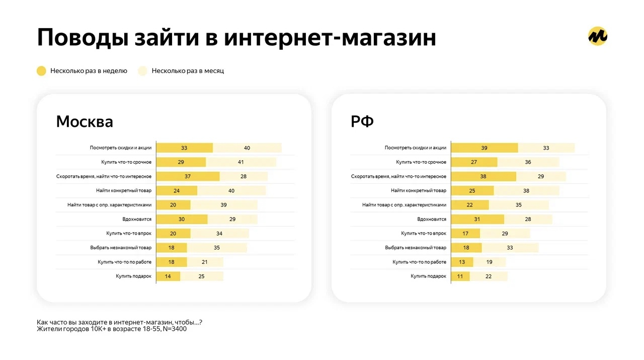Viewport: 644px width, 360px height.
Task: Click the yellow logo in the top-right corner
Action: pos(598,36)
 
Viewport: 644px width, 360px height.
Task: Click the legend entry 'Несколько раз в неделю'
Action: pos(89,71)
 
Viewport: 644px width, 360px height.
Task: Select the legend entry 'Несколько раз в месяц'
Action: pos(188,71)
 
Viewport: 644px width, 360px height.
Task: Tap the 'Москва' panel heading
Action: pos(85,122)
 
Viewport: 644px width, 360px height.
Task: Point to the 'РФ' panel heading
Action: pos(362,122)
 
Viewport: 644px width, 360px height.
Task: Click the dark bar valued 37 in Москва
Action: pos(188,176)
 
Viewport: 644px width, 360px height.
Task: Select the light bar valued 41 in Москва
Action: pos(241,162)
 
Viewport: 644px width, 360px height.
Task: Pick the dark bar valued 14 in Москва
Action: pos(168,276)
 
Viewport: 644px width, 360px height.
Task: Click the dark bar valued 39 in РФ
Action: pos(484,148)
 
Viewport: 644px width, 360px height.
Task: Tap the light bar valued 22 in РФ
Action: pos(488,276)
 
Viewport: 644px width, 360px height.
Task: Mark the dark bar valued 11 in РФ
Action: pos(460,276)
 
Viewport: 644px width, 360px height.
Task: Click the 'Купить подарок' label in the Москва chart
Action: pos(133,276)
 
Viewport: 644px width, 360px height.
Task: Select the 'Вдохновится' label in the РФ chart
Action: pos(432,219)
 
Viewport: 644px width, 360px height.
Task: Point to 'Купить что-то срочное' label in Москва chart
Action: pos(126,162)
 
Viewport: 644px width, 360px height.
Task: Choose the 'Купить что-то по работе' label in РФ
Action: pos(420,262)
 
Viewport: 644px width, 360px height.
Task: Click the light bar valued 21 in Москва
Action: pos(205,262)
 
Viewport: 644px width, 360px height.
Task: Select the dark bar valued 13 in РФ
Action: pos(462,262)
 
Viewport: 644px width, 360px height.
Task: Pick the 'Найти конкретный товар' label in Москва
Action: pos(124,191)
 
